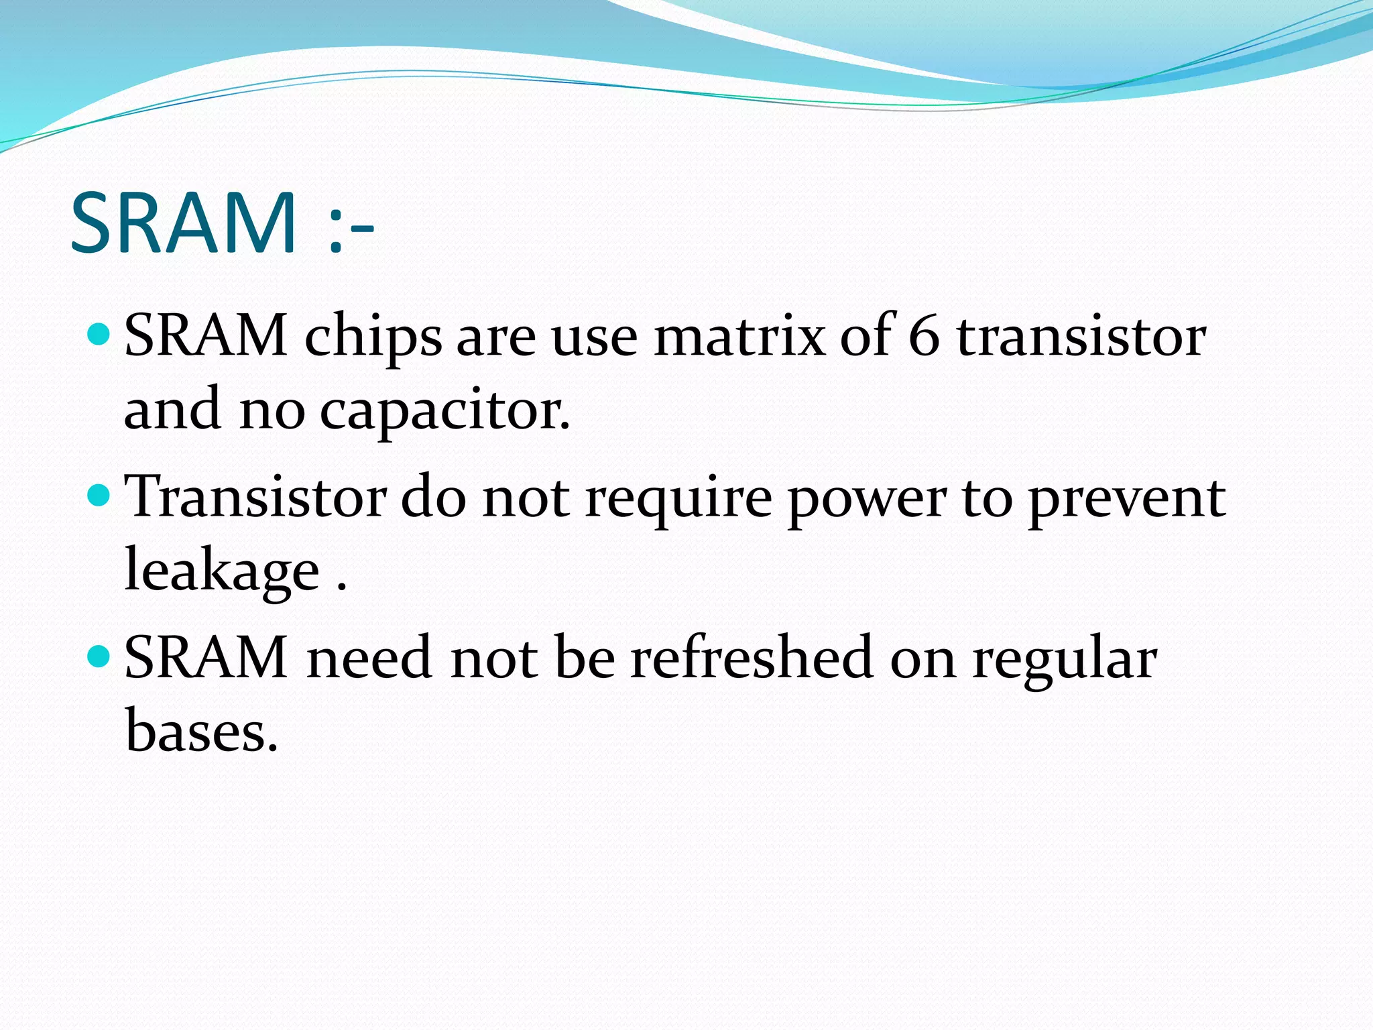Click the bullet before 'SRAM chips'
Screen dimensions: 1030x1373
click(99, 333)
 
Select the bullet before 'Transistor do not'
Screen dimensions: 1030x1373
click(99, 495)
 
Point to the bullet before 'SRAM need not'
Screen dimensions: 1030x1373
click(99, 655)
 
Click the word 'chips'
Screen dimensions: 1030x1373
click(373, 337)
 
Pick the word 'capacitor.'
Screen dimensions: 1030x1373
click(444, 410)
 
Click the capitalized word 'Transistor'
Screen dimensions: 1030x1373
click(255, 497)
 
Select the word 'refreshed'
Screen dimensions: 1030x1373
click(752, 658)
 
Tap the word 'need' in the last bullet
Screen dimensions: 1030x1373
click(369, 658)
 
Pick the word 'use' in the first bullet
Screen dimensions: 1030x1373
click(594, 337)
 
